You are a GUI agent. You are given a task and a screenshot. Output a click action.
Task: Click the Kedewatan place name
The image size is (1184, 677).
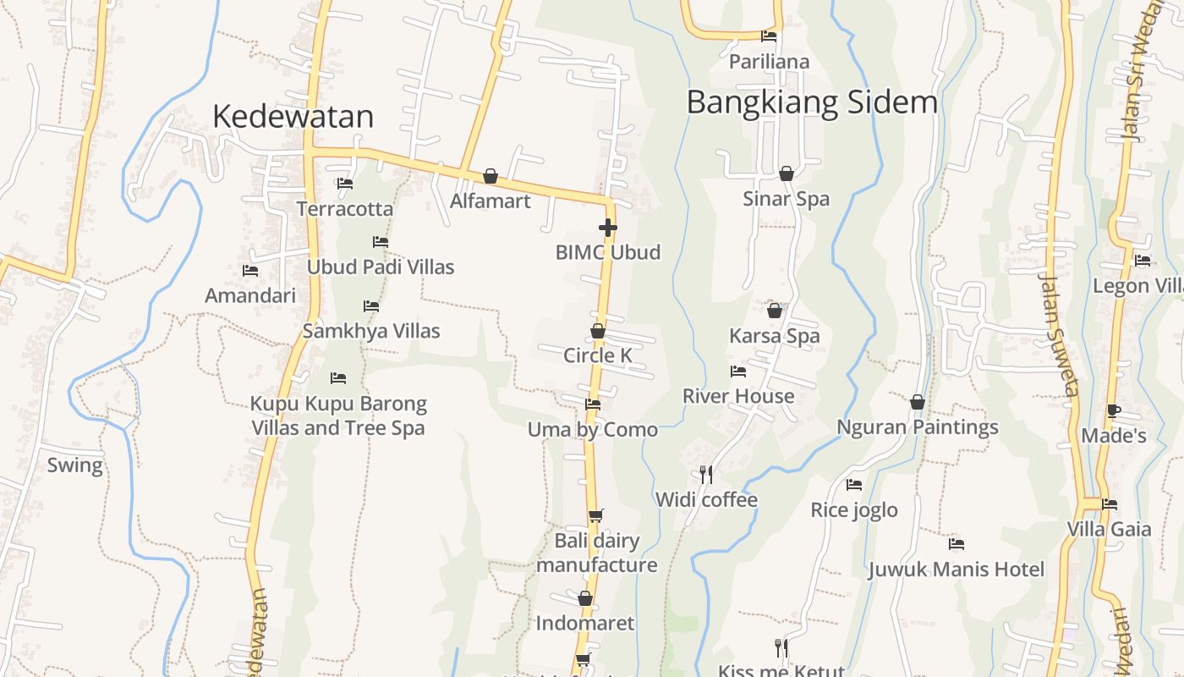point(293,117)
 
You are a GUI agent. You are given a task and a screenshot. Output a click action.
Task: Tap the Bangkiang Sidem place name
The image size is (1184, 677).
point(812,102)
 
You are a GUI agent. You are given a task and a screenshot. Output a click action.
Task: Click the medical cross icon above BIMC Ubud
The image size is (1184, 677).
point(607,228)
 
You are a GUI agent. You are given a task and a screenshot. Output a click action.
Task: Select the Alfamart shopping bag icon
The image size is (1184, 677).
point(491,176)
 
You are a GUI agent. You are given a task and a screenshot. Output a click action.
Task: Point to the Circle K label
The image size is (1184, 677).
point(598,355)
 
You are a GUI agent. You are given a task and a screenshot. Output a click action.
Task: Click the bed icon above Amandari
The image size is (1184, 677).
point(250,271)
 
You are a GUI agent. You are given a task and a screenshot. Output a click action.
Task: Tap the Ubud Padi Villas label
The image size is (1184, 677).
point(381,267)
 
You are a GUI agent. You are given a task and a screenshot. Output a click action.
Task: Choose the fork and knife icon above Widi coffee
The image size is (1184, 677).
point(706,474)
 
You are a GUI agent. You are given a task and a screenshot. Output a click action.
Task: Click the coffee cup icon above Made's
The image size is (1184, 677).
point(1114,411)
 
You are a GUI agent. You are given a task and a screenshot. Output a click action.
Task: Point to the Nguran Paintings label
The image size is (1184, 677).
point(918,427)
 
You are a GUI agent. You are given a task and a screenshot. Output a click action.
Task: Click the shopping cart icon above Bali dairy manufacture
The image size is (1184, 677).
point(596,515)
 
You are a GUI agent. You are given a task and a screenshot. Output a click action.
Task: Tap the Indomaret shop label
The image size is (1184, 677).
point(585,624)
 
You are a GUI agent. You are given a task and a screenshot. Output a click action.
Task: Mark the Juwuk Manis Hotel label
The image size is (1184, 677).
point(957,570)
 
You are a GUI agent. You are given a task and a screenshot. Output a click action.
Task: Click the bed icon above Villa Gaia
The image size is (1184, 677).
point(1110,504)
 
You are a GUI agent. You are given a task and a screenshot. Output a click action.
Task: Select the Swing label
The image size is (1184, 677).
point(74,465)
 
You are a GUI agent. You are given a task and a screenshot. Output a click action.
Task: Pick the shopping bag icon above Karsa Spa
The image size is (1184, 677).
point(775,311)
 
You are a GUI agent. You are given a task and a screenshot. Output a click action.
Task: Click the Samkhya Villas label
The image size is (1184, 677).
point(371,331)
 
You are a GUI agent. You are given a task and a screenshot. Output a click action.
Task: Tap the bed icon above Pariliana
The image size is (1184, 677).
point(769,36)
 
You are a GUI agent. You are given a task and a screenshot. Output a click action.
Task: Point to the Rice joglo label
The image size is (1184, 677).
point(854,510)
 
